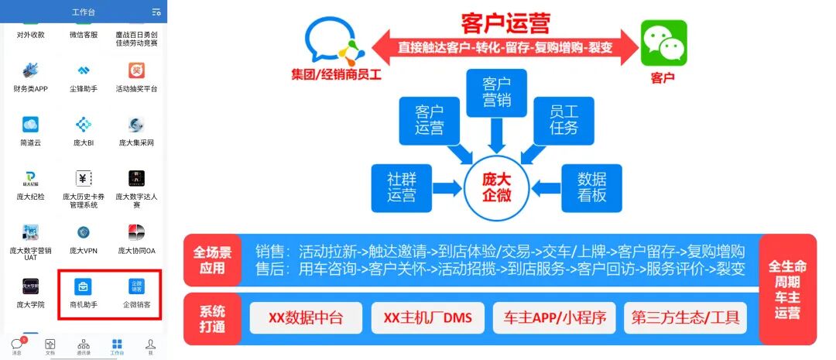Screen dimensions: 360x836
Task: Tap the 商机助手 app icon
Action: (84, 286)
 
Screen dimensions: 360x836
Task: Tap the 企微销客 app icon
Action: (136, 286)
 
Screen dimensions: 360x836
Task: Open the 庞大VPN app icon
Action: (84, 233)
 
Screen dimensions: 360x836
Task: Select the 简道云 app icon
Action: (30, 125)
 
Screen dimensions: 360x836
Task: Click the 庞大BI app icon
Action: (84, 125)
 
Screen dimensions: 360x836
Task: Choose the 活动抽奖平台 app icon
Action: (136, 71)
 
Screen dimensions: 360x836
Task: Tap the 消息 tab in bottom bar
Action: (16, 345)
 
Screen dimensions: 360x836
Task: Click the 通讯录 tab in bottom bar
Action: (84, 345)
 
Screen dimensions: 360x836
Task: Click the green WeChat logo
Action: (663, 43)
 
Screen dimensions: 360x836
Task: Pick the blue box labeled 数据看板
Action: (591, 187)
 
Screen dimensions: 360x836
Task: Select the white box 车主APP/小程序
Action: (554, 317)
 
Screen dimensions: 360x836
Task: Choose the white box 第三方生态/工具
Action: (685, 317)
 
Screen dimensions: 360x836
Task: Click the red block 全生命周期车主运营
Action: (787, 289)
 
